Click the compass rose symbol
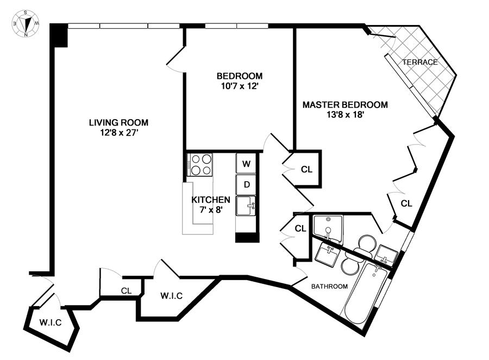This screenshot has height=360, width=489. [26, 23]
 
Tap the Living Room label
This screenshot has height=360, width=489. [118, 122]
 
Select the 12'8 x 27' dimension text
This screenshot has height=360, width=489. [119, 133]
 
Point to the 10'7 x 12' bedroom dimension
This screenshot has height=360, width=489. [239, 86]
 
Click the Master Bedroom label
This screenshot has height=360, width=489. [345, 104]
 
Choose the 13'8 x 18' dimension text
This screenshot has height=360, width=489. [345, 115]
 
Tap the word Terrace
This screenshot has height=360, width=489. [420, 62]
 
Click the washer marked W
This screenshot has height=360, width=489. [246, 163]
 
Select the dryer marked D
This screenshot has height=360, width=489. [246, 184]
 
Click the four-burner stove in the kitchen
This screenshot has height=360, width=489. [200, 164]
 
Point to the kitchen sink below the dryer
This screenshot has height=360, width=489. [246, 206]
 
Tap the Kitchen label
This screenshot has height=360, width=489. [211, 200]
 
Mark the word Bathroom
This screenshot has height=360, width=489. [329, 286]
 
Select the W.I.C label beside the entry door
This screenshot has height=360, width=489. [51, 322]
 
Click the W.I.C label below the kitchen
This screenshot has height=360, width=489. [171, 295]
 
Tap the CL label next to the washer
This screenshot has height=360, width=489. [306, 170]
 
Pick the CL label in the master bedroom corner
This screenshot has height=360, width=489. [406, 203]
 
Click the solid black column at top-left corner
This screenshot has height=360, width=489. [59, 35]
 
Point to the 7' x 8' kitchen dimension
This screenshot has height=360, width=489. [211, 209]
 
